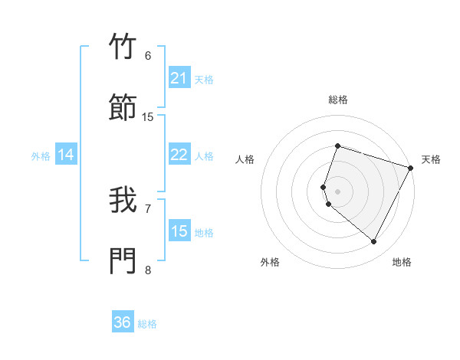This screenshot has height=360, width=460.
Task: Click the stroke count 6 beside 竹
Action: pyautogui.click(x=148, y=55)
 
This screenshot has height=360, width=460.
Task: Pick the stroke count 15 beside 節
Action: pyautogui.click(x=148, y=116)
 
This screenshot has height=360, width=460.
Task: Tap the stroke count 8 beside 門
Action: pyautogui.click(x=148, y=270)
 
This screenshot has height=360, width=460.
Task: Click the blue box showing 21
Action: pyautogui.click(x=179, y=78)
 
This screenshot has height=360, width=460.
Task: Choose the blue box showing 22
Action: pyautogui.click(x=179, y=155)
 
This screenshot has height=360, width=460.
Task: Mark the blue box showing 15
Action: pyautogui.click(x=179, y=231)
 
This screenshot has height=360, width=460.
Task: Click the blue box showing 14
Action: pyautogui.click(x=66, y=155)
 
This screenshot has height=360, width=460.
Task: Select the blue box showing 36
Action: pyautogui.click(x=123, y=322)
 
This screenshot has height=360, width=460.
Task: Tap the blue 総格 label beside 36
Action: pyautogui.click(x=147, y=324)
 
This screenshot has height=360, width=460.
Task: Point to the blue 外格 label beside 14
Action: pyautogui.click(x=41, y=156)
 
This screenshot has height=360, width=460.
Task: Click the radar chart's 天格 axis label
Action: pyautogui.click(x=431, y=159)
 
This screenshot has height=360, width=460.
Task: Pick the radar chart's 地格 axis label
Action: pyautogui.click(x=402, y=262)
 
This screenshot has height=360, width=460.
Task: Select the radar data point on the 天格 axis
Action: pyautogui.click(x=412, y=167)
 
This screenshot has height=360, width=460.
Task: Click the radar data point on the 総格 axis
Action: pyautogui.click(x=337, y=146)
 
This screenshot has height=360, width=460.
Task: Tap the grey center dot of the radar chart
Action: pyautogui.click(x=337, y=191)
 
